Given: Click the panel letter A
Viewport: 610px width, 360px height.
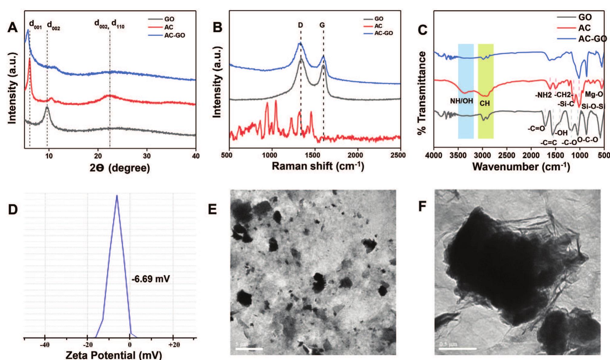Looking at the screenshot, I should [x=12, y=28].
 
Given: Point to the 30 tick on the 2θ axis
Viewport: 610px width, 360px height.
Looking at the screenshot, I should [x=147, y=156].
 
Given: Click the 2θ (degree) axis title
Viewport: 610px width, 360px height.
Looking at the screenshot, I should [x=120, y=168].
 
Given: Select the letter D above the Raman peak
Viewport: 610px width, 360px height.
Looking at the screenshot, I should [x=300, y=25].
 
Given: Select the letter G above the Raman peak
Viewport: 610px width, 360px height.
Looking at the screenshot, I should [x=322, y=25].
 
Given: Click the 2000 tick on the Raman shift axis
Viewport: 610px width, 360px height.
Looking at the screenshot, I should [x=355, y=155].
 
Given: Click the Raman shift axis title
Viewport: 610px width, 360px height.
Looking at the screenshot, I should [x=318, y=166].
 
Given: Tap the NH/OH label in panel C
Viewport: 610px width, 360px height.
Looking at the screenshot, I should [x=461, y=101].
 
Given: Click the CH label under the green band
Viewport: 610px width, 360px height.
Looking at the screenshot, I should [x=484, y=104].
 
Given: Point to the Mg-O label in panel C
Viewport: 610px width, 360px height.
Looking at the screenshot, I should [x=594, y=94].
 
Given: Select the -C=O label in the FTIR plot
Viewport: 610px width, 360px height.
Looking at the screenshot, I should [x=536, y=128].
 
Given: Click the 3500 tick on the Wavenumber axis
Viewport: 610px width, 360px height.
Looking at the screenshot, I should [x=458, y=155].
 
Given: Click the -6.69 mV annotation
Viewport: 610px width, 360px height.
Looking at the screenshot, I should [x=151, y=279].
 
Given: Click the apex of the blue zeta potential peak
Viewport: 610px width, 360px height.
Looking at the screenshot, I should [x=117, y=196].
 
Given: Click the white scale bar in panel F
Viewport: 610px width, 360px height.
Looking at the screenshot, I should [x=457, y=348].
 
